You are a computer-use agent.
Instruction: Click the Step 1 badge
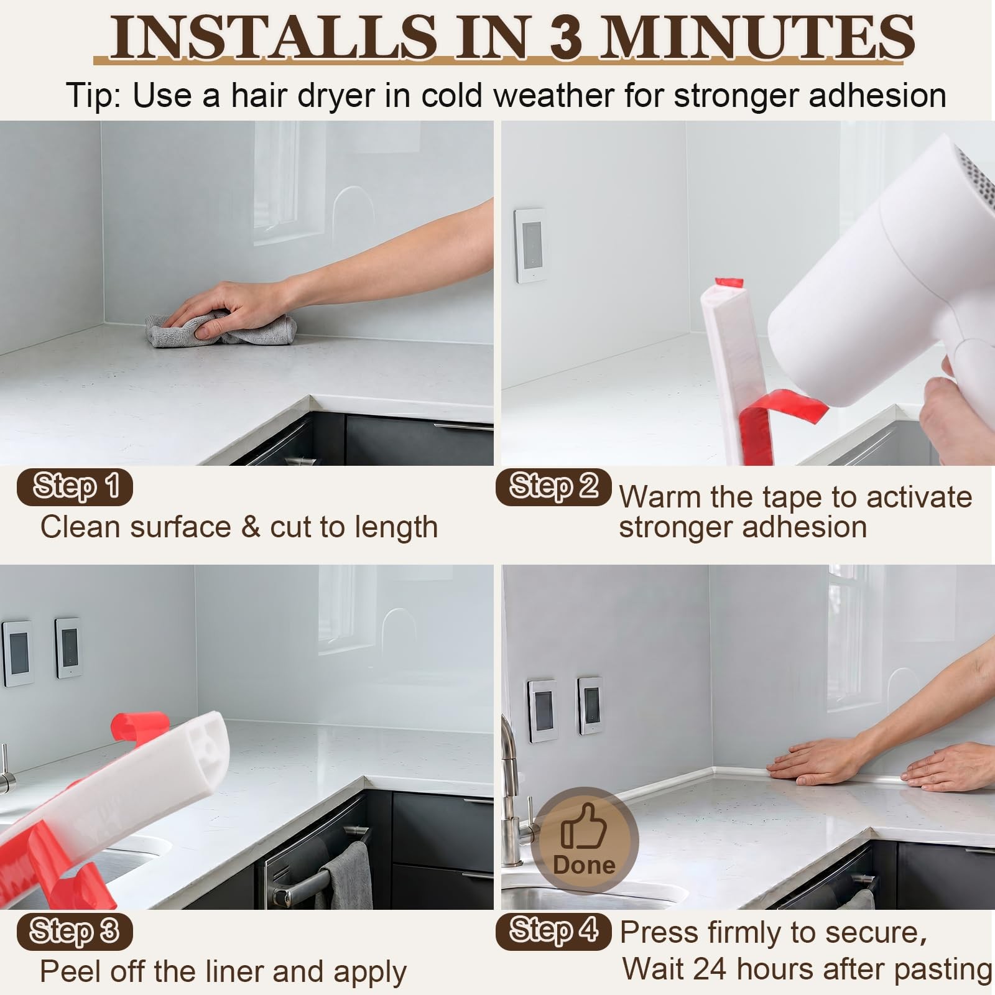pyautogui.click(x=75, y=486)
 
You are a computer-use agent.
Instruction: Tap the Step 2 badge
pyautogui.click(x=553, y=486)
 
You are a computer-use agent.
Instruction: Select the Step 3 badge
pyautogui.click(x=75, y=931)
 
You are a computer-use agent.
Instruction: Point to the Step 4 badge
pyautogui.click(x=553, y=931)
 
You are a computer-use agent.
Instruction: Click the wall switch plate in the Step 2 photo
pyautogui.click(x=530, y=245)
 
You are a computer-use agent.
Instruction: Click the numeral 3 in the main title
pyautogui.click(x=565, y=37)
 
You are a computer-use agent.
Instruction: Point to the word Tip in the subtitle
pyautogui.click(x=91, y=96)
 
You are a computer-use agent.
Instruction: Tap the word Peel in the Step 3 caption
pyautogui.click(x=68, y=971)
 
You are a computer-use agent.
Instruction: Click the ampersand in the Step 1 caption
pyautogui.click(x=250, y=527)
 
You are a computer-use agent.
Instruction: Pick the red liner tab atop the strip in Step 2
pyautogui.click(x=729, y=282)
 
